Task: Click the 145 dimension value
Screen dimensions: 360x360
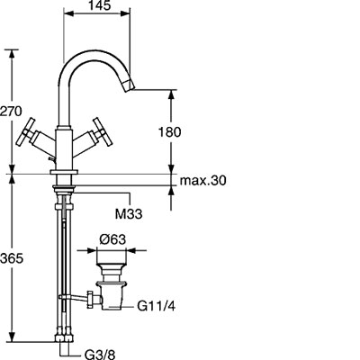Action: [100, 5]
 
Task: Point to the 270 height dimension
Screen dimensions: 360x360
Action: [11, 112]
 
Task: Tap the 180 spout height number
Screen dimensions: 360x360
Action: [169, 132]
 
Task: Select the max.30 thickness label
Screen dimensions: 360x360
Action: [202, 181]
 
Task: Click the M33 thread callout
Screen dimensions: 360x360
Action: [129, 214]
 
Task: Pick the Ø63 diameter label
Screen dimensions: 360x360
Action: [112, 239]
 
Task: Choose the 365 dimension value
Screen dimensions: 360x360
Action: [12, 258]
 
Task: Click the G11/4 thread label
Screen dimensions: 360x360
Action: [157, 306]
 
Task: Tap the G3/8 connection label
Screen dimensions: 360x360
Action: [100, 355]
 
